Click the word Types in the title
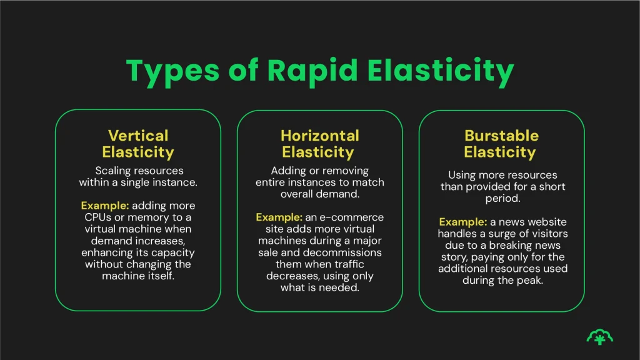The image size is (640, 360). click(172, 71)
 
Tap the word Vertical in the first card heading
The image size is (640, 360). click(138, 136)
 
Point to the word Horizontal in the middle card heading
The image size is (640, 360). click(319, 136)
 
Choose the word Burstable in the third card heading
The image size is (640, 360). click(501, 136)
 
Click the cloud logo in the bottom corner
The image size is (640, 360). click(599, 337)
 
